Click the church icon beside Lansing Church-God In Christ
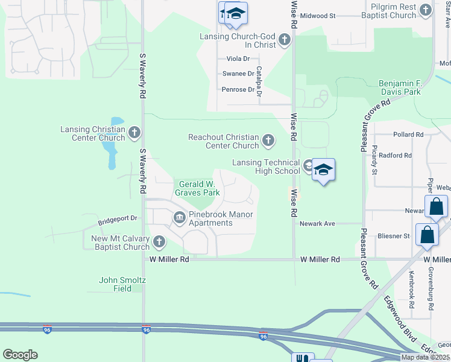(x=285, y=41)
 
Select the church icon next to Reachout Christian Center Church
(x=268, y=142)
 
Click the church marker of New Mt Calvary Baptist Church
(x=159, y=242)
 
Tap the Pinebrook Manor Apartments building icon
(x=179, y=218)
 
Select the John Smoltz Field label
(x=123, y=284)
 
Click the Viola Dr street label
(x=238, y=59)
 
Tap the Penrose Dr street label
(x=239, y=89)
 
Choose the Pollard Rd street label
(x=408, y=135)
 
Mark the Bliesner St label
(x=394, y=236)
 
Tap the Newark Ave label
(x=317, y=223)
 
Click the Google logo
(x=20, y=354)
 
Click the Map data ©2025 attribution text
(x=424, y=357)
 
